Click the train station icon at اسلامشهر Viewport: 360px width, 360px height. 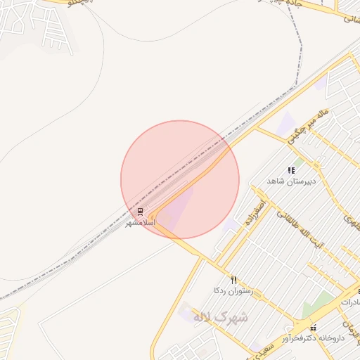click(x=140, y=212)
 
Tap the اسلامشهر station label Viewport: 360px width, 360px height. click(x=139, y=222)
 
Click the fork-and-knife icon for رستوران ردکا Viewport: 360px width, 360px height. click(x=233, y=279)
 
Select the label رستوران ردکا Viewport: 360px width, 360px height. click(x=233, y=290)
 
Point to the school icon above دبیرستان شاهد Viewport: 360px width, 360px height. click(x=291, y=170)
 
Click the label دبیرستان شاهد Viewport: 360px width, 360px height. click(x=292, y=181)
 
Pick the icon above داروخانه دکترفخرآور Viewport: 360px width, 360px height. click(x=313, y=327)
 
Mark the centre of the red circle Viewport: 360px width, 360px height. click(x=180, y=180)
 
